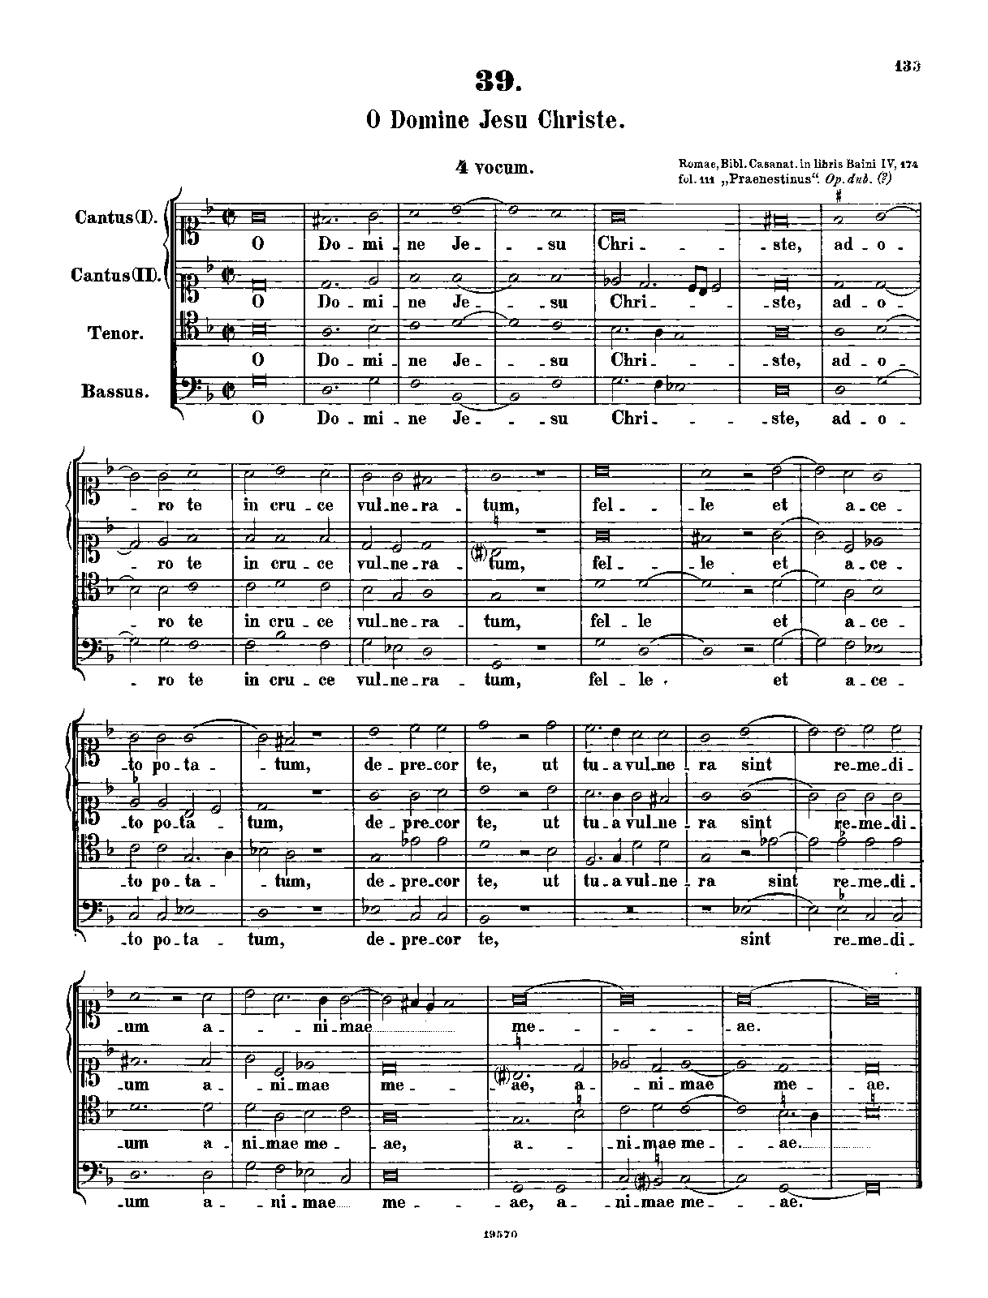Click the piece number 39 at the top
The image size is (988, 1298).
495,80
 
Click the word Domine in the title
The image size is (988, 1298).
431,120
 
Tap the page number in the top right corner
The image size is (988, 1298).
908,66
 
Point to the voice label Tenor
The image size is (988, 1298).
119,333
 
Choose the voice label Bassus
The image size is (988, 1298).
115,391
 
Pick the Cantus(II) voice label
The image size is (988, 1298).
117,275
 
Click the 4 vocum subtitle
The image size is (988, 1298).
494,168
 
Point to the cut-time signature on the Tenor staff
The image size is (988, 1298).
231,332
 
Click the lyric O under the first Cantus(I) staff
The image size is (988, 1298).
258,243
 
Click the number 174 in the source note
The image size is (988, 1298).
908,165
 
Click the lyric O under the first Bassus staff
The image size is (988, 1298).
258,419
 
